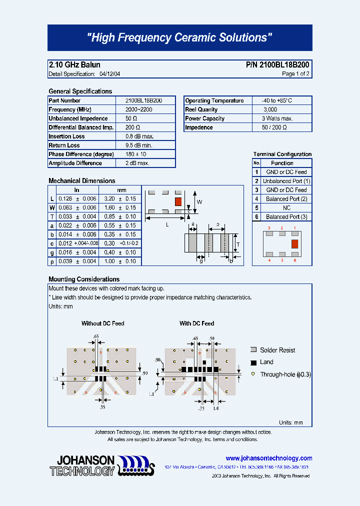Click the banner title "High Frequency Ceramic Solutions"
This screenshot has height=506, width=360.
[179, 38]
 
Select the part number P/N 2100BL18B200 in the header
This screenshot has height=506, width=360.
[277, 65]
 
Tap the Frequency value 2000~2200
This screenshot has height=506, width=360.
[138, 109]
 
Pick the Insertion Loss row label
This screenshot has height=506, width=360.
[66, 136]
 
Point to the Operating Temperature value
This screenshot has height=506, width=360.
[273, 100]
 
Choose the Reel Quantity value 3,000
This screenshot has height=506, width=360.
[270, 109]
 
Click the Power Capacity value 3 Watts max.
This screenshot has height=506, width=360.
[277, 118]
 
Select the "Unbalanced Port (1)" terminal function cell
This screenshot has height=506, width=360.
[286, 181]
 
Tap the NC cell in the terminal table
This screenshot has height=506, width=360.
[286, 208]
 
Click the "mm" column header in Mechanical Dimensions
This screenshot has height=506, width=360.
[121, 190]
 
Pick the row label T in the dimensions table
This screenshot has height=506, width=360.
[52, 216]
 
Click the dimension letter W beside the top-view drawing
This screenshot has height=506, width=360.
[199, 202]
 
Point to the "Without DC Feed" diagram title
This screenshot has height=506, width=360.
[103, 323]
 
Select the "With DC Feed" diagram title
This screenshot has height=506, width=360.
[196, 323]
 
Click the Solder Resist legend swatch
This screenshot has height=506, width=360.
[253, 350]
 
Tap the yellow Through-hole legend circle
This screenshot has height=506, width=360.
[253, 374]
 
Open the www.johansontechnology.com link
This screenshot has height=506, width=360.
[269, 458]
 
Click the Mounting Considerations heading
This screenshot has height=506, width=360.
[84, 279]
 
